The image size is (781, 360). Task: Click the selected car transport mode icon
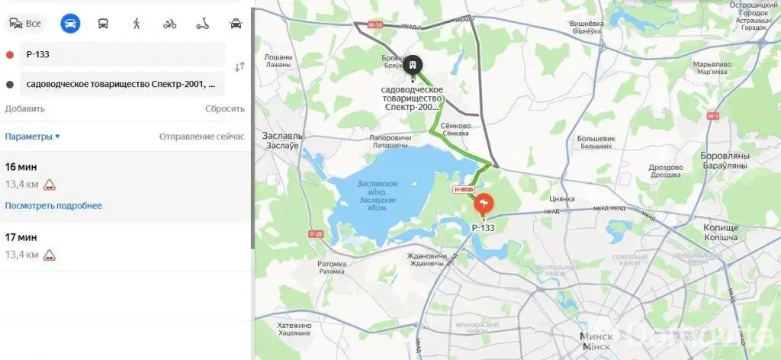pyautogui.click(x=70, y=23)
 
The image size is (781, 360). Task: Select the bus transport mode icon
pyautogui.click(x=103, y=23)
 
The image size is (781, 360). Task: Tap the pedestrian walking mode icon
pyautogui.click(x=137, y=23)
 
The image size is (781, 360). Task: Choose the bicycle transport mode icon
pyautogui.click(x=169, y=23)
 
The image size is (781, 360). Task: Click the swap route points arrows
pyautogui.click(x=239, y=66)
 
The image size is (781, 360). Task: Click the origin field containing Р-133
pyautogui.click(x=122, y=54)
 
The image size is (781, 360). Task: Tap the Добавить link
pyautogui.click(x=24, y=108)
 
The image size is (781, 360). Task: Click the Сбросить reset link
pyautogui.click(x=224, y=108)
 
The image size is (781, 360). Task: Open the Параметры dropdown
pyautogui.click(x=32, y=137)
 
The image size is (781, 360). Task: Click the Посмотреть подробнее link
pyautogui.click(x=53, y=206)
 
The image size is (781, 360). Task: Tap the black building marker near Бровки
pyautogui.click(x=413, y=67)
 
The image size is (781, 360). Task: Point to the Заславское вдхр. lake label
pyautogui.click(x=378, y=188)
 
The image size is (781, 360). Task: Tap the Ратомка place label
pyautogui.click(x=332, y=267)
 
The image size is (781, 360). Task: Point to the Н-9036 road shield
pyautogui.click(x=464, y=190)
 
